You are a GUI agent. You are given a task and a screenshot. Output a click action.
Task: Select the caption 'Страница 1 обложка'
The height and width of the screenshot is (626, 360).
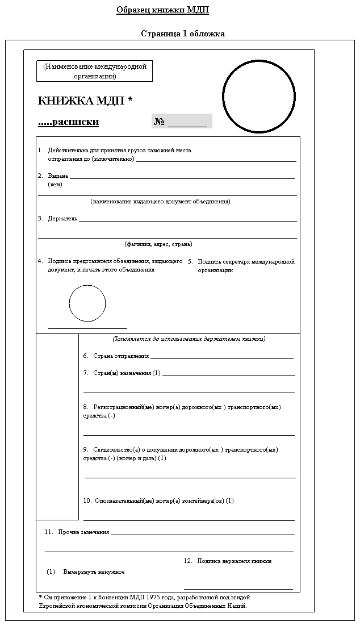point(183,34)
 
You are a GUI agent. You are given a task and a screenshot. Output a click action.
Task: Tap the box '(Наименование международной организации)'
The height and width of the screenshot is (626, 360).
point(95,71)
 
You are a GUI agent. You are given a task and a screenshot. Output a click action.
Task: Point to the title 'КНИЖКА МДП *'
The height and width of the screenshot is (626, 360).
point(85,101)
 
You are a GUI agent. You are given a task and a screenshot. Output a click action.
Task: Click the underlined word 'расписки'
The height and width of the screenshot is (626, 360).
point(76,122)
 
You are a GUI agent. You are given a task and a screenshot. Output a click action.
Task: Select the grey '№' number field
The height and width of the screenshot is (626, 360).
point(181,122)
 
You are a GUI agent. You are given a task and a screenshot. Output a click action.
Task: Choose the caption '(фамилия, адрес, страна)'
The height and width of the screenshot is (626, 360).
point(158,244)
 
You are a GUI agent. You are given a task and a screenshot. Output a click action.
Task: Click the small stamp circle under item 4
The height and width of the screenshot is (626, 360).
point(87,303)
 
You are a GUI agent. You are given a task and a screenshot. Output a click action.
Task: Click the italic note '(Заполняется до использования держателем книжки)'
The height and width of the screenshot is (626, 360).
point(189,339)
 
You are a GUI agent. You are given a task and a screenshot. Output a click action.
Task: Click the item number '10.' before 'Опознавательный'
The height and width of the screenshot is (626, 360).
point(87,501)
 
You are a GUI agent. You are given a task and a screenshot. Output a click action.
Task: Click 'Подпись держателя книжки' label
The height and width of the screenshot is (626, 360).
point(234,561)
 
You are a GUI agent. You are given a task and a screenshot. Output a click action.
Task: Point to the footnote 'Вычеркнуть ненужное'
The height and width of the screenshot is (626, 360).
point(94,571)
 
